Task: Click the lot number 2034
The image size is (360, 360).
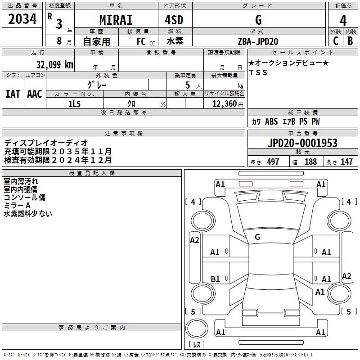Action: tap(22, 19)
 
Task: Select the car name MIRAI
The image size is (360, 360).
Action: tap(116, 20)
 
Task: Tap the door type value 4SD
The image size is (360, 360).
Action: tap(174, 20)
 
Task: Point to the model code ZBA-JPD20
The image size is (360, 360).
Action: tap(258, 41)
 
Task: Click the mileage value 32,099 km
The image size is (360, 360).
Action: tap(54, 64)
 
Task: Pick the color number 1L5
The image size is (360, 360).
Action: tap(74, 104)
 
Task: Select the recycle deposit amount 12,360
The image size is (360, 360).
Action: tap(224, 104)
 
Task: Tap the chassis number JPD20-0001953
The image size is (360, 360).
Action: tap(302, 143)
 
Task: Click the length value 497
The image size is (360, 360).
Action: tap(273, 162)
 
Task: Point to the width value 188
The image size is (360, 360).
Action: tap(310, 162)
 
